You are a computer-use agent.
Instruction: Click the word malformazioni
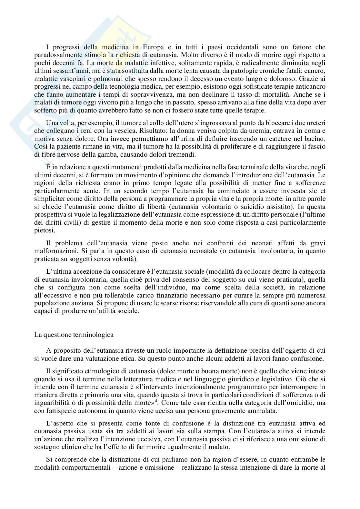click(54, 251)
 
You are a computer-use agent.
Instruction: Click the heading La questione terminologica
click(74, 335)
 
